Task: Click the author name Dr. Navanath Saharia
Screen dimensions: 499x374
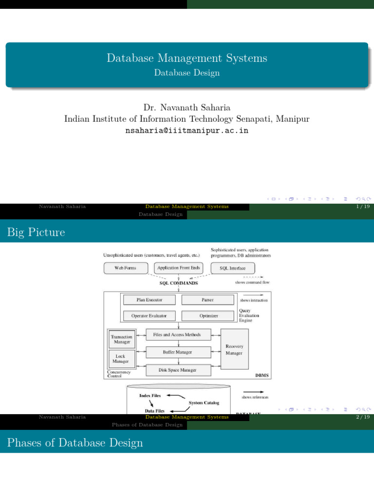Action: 187,107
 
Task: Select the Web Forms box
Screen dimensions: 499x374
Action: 125,268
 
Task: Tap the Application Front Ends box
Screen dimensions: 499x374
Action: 179,268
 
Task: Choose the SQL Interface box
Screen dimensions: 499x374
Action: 233,268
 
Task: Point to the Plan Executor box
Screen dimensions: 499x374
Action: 150,300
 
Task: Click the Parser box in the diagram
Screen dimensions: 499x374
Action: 207,300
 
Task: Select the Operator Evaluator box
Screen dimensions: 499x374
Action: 150,316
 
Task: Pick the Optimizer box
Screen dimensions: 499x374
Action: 208,316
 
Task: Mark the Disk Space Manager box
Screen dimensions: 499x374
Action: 178,370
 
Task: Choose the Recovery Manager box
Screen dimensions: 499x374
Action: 234,349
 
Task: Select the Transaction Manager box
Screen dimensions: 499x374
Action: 121,339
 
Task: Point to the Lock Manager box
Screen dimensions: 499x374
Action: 121,359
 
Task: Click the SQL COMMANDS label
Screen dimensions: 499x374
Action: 179,283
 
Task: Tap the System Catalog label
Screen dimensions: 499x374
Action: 204,403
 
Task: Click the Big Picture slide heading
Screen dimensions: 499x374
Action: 37,232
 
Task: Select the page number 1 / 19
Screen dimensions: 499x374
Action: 363,207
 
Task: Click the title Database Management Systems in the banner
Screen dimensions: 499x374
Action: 187,58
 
